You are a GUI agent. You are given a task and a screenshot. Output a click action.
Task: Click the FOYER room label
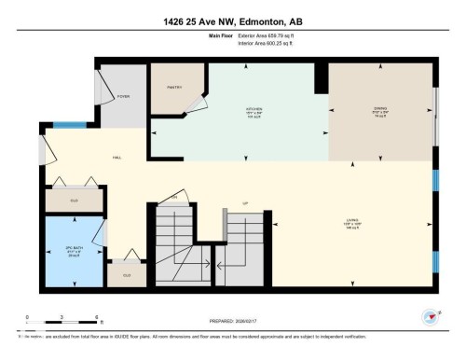(123, 96)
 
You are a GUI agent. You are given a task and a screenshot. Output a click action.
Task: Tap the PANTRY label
(172, 86)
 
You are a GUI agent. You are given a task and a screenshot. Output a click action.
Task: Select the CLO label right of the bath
(126, 274)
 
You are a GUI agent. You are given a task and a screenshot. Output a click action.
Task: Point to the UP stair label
(245, 203)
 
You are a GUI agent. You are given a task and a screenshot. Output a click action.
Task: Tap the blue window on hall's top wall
(67, 125)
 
